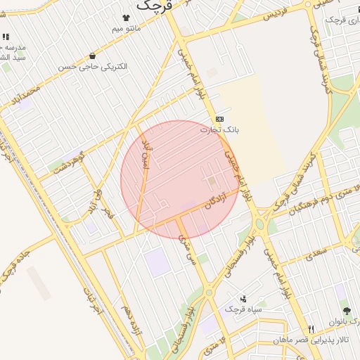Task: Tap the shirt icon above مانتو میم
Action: [127, 18]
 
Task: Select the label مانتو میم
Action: [127, 29]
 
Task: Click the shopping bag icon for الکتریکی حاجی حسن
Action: [92, 56]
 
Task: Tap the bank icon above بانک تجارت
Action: [220, 119]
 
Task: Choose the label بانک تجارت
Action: [219, 129]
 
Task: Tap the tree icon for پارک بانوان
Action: [346, 311]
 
